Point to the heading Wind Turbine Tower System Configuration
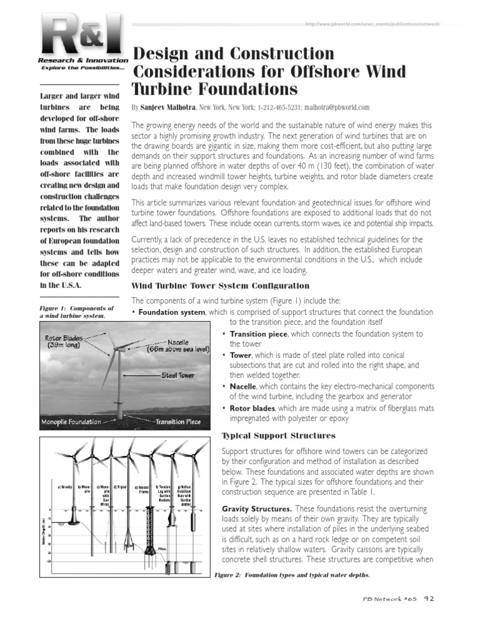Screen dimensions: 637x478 click(x=220, y=286)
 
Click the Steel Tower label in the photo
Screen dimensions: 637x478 click(x=178, y=375)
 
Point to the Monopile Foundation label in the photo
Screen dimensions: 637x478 click(x=71, y=422)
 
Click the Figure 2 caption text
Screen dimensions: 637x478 click(x=292, y=575)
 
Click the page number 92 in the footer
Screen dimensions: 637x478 click(x=428, y=599)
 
